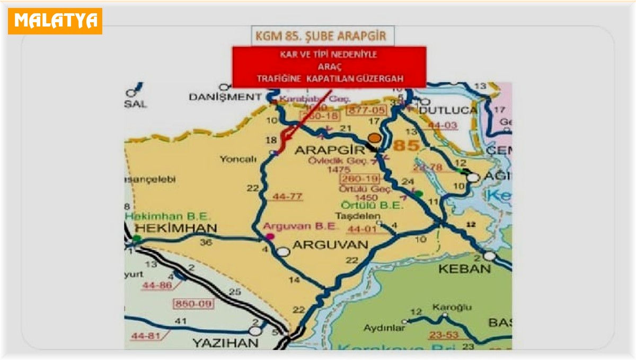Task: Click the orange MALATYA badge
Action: [55, 21]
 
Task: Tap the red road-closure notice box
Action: [329, 67]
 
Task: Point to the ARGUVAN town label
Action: [330, 245]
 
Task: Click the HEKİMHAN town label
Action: [176, 228]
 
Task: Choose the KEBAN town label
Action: [464, 269]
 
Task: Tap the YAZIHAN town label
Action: [226, 343]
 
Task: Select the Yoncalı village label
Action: [237, 158]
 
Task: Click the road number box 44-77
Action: [287, 197]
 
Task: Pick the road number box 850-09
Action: [189, 304]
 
